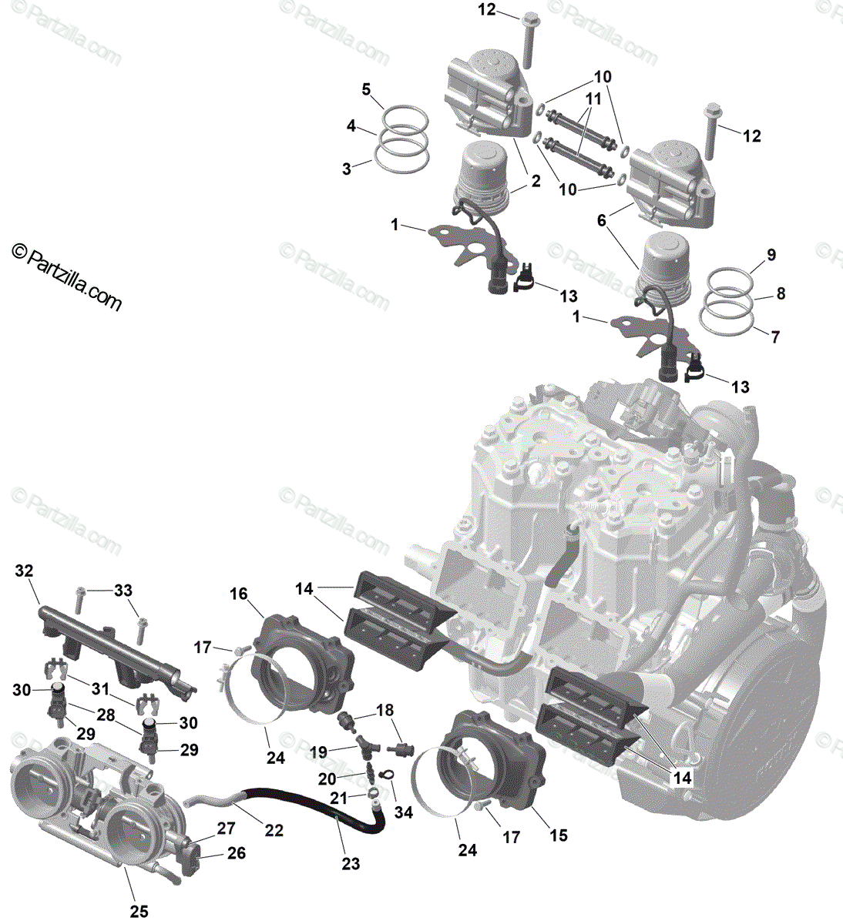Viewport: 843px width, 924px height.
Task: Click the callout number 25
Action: pyautogui.click(x=138, y=912)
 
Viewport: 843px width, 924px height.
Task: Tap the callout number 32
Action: pyautogui.click(x=25, y=571)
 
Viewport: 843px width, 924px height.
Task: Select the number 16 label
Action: pyautogui.click(x=239, y=594)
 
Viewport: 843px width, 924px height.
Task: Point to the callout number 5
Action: pyautogui.click(x=367, y=90)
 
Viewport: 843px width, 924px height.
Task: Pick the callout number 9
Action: pyautogui.click(x=771, y=255)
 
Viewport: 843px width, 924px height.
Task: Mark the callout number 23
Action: pyautogui.click(x=351, y=864)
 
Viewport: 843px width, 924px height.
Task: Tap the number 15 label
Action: pyautogui.click(x=559, y=835)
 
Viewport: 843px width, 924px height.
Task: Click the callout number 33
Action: pyautogui.click(x=123, y=591)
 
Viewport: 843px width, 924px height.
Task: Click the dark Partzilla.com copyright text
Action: pyautogui.click(x=67, y=276)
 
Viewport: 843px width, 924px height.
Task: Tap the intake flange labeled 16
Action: pyautogui.click(x=304, y=662)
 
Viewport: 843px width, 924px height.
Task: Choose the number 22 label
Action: pyautogui.click(x=274, y=831)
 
